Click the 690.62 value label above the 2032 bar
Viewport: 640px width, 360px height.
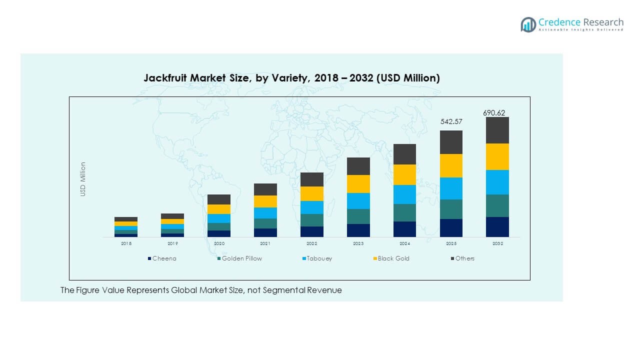[x=497, y=113]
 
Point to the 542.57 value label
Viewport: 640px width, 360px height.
[x=451, y=122]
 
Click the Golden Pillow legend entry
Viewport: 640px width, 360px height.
[x=241, y=258]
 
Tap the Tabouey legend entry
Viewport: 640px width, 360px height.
[x=319, y=258]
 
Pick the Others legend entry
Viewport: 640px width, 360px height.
[x=464, y=258]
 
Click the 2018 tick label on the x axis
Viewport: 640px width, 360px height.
[x=126, y=243]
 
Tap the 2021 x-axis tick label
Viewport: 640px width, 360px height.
[x=265, y=243]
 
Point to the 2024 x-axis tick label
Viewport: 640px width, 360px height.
[x=404, y=243]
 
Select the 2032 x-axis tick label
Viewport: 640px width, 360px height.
[x=497, y=243]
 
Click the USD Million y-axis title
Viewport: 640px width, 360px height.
[x=83, y=179]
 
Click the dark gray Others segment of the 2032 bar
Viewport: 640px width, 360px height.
[x=497, y=130]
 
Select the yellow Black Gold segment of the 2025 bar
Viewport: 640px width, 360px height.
[x=451, y=165]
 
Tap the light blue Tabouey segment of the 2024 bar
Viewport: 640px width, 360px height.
[x=404, y=194]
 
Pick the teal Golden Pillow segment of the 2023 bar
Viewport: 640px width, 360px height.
[x=358, y=216]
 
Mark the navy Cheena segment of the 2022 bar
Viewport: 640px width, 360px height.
[x=311, y=231]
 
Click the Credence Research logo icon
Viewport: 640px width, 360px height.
[x=528, y=24]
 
